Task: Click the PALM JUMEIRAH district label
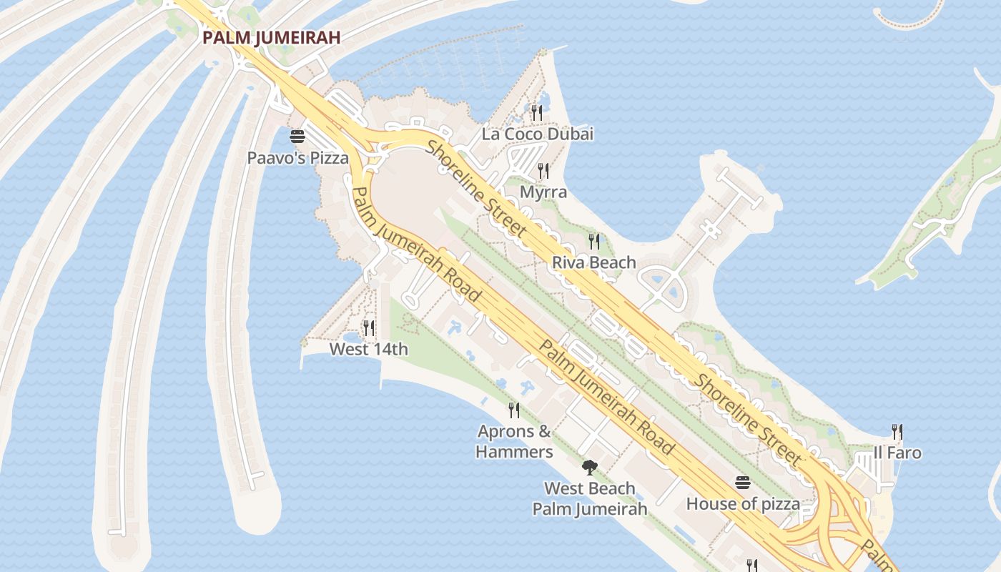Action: tap(271, 38)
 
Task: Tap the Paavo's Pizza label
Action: tap(297, 158)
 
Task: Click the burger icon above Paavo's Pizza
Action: tap(297, 136)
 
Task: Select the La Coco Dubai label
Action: tap(538, 134)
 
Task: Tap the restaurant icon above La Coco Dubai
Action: tap(537, 112)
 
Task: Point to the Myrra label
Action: tap(543, 192)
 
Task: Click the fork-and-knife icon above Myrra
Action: tap(543, 171)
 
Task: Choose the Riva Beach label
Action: tap(593, 262)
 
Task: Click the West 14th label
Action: tap(368, 349)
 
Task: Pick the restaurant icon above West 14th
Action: tap(369, 328)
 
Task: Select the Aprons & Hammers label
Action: tap(514, 441)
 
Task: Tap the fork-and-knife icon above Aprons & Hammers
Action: tap(514, 410)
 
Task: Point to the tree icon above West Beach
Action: tap(590, 468)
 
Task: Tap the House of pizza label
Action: tap(743, 504)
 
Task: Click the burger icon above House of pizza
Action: tap(743, 483)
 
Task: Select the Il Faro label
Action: tap(897, 453)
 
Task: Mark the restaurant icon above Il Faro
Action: tap(897, 431)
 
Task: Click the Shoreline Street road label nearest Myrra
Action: tap(478, 189)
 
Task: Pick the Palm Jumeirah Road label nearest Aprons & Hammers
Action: tap(606, 398)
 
